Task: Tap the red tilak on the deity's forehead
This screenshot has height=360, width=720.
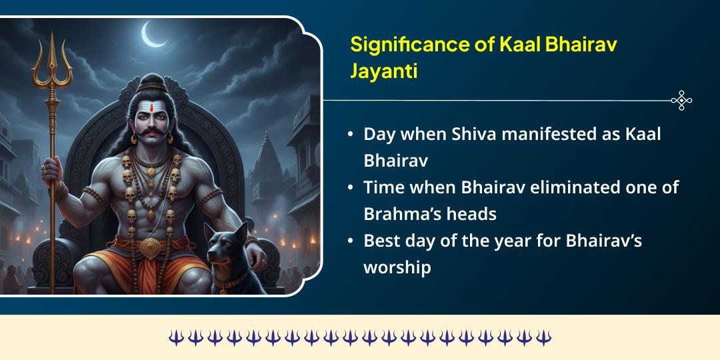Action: tap(151, 107)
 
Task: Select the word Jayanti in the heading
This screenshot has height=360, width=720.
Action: tap(384, 71)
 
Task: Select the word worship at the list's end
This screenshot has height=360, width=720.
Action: tap(397, 267)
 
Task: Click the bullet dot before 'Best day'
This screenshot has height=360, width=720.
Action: tap(351, 241)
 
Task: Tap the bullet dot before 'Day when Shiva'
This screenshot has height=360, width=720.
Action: tap(351, 134)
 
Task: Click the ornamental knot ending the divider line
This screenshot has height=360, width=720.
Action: tap(681, 101)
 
